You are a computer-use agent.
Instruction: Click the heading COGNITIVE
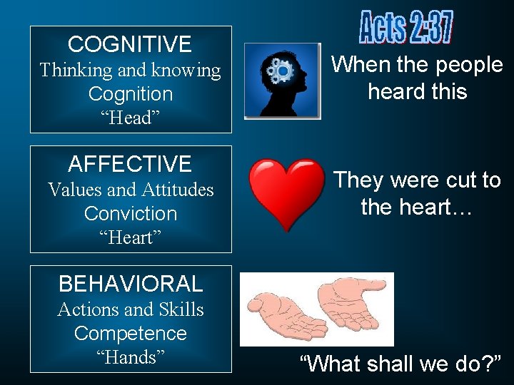click(x=130, y=45)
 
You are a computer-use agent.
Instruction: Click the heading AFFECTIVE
click(x=130, y=165)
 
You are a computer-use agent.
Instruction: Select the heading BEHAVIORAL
click(x=130, y=284)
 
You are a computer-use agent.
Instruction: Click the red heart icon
click(x=286, y=193)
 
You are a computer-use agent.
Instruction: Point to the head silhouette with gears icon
click(x=283, y=80)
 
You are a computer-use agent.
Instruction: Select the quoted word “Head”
click(x=131, y=118)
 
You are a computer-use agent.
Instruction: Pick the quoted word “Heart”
click(x=131, y=237)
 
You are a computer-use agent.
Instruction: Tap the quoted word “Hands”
click(x=131, y=357)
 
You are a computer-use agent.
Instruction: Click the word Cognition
click(x=131, y=94)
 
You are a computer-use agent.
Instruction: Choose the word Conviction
click(x=131, y=214)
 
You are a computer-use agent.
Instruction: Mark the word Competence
click(x=131, y=334)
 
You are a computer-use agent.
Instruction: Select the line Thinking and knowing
click(x=131, y=70)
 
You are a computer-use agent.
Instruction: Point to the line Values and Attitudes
click(x=131, y=190)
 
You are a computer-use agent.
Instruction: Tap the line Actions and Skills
click(x=131, y=309)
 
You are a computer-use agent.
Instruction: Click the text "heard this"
click(x=418, y=92)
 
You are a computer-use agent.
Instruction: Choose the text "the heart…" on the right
click(x=417, y=207)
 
